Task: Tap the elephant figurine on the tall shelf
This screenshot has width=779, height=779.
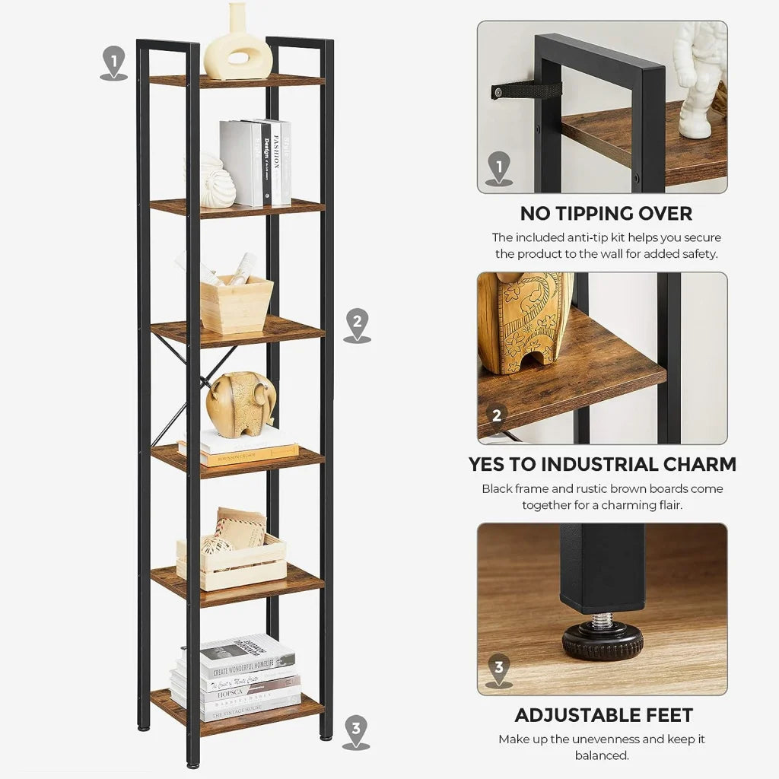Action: (240, 403)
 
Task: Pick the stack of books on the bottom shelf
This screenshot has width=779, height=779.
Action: (235, 677)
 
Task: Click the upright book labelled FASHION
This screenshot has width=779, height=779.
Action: (281, 162)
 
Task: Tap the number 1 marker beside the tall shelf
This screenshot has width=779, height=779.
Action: (113, 61)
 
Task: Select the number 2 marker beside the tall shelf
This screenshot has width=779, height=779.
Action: (357, 323)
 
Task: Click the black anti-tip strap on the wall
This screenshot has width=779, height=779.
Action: (526, 91)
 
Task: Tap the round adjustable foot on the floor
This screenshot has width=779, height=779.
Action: (603, 641)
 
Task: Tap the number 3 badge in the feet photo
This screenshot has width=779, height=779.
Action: (498, 669)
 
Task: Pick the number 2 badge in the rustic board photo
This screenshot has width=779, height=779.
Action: (497, 415)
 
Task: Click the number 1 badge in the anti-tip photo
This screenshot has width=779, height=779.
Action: (498, 166)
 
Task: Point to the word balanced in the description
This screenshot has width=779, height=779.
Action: (601, 755)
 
